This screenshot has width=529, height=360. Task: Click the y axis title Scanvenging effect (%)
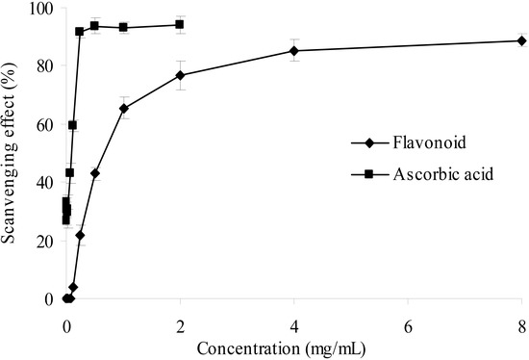point(12,154)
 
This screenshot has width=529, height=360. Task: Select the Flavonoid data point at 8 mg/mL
point(521,40)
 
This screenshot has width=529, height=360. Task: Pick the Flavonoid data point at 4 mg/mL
point(293,50)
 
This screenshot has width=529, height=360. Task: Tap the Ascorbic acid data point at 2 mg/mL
point(180,24)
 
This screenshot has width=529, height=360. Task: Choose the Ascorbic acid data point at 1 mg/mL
point(123,27)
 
